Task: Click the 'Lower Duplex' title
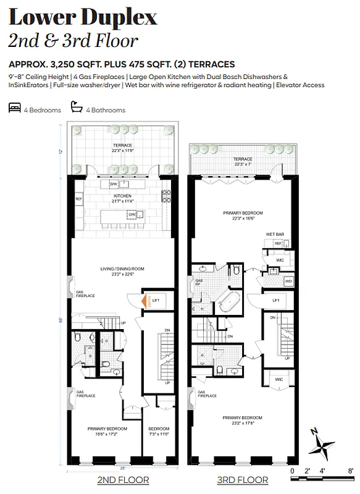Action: (x=83, y=17)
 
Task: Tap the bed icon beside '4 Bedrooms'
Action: (x=14, y=109)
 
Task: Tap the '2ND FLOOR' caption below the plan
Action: (x=123, y=480)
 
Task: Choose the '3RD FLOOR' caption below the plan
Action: (x=242, y=480)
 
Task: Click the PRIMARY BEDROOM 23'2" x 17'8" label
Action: (x=243, y=420)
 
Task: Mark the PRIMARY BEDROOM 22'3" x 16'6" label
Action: (x=243, y=215)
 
